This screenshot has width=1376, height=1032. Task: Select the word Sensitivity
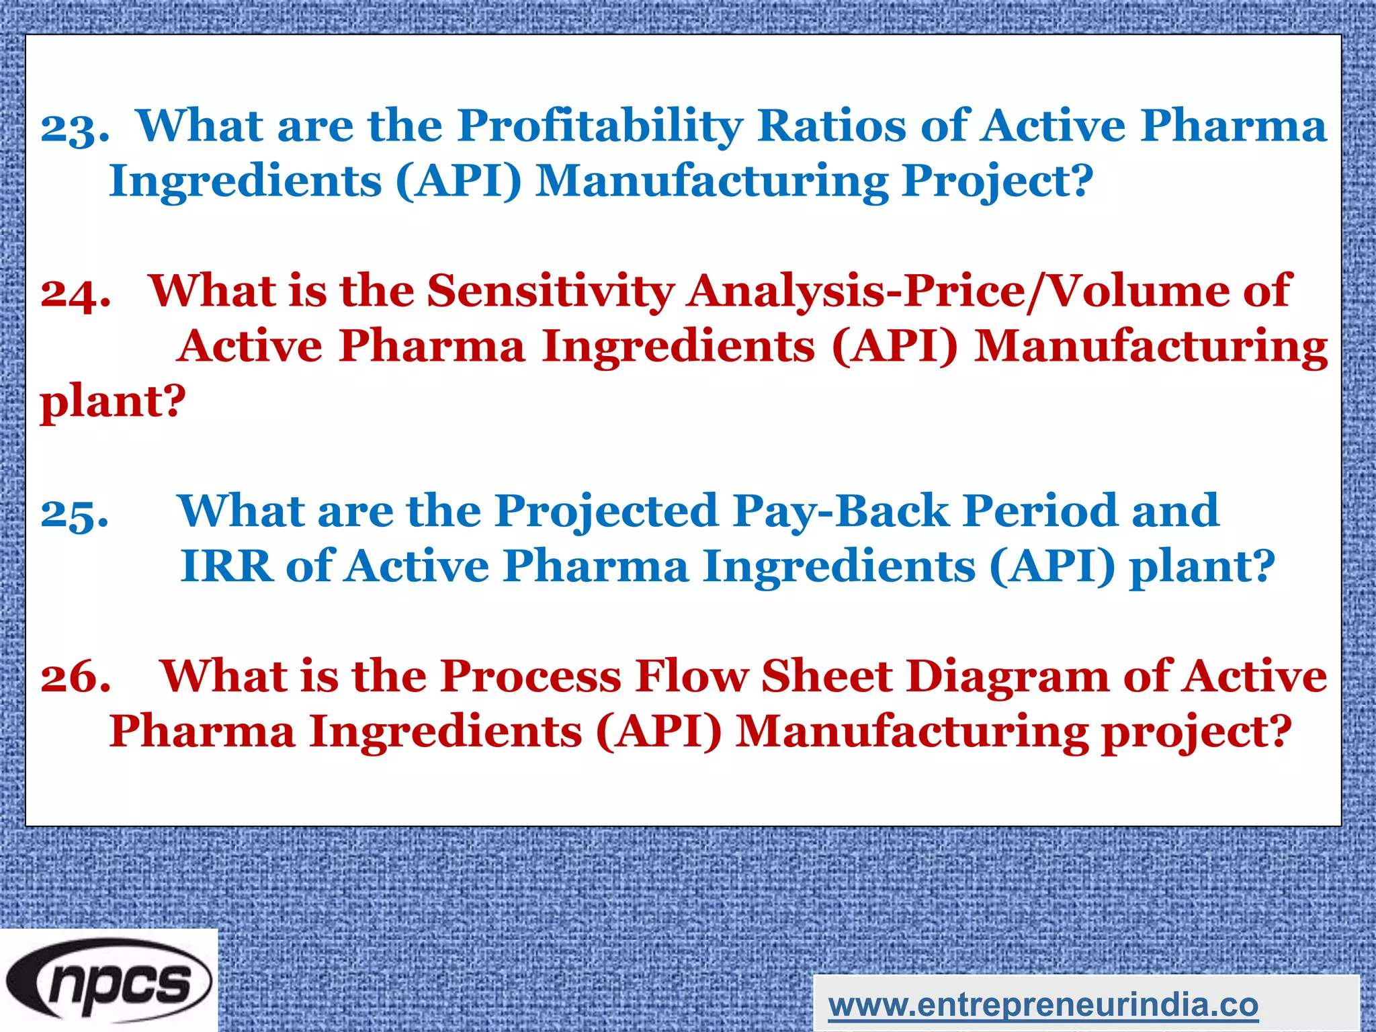[550, 292]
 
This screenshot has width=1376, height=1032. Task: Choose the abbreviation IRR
[226, 566]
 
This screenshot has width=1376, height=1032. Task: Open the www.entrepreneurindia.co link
[1043, 1005]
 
